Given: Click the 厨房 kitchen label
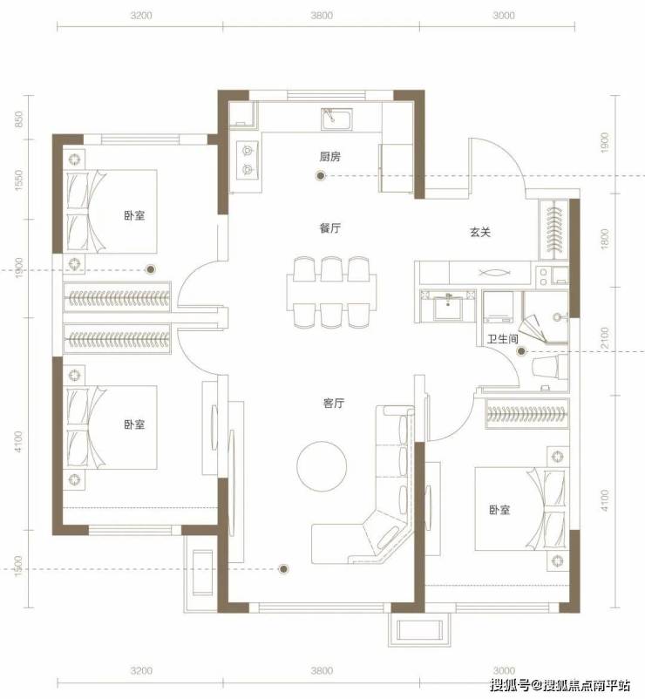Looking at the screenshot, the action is coord(330,157).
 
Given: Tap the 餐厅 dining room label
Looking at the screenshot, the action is coord(330,228).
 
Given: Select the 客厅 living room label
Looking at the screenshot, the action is coord(334,403).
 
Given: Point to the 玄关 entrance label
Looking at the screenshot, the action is coord(480,232).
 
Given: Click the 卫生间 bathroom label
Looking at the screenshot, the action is coord(503,339).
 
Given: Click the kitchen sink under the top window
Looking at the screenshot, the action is coord(337,119).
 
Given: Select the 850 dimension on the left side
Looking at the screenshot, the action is coord(18,119).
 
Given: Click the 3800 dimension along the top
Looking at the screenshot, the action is coord(322,15).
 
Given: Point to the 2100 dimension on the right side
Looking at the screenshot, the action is coord(604,338).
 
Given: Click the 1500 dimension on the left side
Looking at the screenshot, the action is coord(18,566).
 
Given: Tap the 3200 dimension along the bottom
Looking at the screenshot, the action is coord(141,670).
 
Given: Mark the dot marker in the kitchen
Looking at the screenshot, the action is coord(321,176).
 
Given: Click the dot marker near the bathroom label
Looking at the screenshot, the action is coord(521,352).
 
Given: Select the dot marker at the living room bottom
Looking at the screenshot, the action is coord(283,568).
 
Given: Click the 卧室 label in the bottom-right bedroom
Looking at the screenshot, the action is coord(499,510).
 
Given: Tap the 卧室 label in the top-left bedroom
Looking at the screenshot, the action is coord(134,215).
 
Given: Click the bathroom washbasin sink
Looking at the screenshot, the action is coord(448,305).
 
